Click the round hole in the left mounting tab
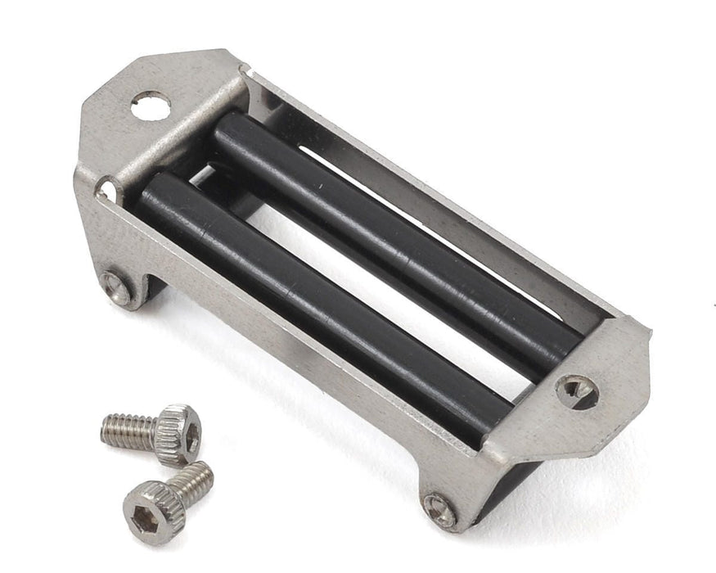coord(151,105)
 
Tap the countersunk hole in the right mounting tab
coord(578,391)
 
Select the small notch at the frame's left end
coord(106,191)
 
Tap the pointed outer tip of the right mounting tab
coord(649,332)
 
